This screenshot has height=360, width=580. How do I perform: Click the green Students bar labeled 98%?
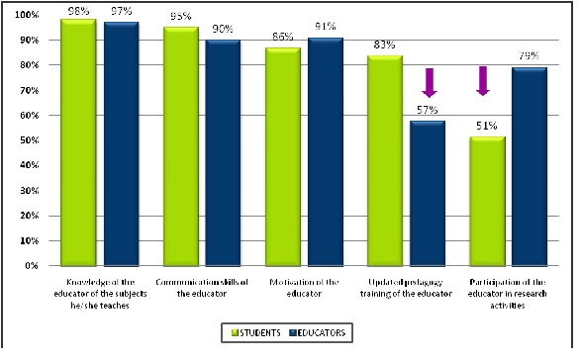coord(78,142)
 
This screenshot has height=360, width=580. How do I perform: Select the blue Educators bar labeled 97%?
coord(121,143)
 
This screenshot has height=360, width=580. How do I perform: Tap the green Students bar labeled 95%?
coord(181,146)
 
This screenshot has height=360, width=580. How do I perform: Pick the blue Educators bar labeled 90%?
coord(224,152)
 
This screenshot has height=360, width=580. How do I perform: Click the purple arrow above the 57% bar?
coord(430,82)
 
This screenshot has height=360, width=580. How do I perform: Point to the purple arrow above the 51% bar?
coord(484,80)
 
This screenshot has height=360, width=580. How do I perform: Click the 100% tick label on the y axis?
coord(27,15)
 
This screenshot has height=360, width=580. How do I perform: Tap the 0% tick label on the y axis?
coord(32,265)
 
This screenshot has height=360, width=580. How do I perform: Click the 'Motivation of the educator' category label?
coord(305,288)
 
